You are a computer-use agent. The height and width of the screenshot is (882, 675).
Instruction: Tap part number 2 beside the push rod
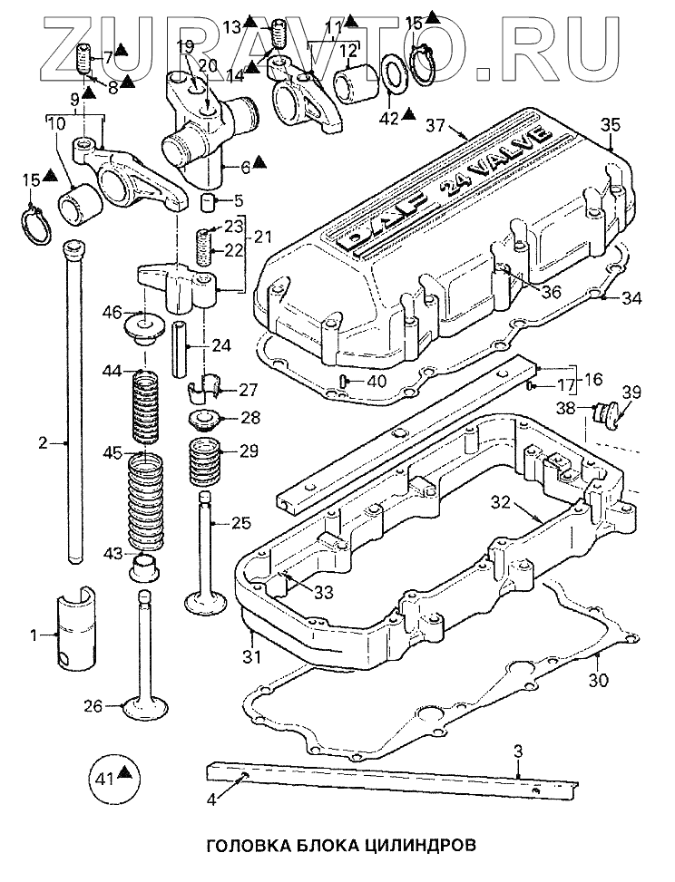tap(42, 443)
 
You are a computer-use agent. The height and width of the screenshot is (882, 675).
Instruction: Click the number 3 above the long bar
tap(517, 751)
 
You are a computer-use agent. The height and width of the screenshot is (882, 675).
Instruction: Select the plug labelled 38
tap(598, 412)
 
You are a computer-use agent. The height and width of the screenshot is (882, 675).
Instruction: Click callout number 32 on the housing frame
tap(504, 502)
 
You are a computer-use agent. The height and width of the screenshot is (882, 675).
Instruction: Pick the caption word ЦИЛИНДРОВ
tap(413, 845)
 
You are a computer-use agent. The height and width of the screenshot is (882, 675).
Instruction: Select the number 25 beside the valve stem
tap(240, 523)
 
